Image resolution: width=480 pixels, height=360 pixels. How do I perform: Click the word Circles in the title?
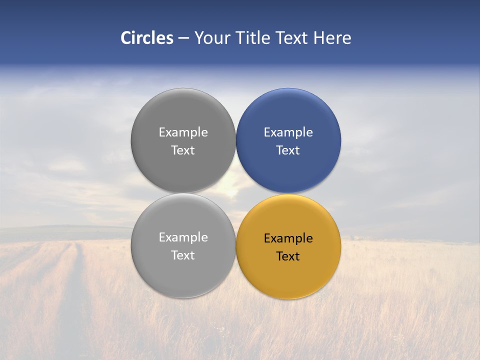pos(147,38)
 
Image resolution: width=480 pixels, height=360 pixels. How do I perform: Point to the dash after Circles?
pos(183,38)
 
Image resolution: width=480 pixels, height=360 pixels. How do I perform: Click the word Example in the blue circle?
pos(288,132)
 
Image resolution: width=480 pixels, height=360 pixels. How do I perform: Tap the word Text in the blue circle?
pos(288,150)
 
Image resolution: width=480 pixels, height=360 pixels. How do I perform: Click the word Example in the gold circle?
pos(288,238)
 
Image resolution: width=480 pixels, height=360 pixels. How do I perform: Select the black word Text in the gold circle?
pos(288,256)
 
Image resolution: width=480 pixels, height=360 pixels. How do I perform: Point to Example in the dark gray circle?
pos(183,132)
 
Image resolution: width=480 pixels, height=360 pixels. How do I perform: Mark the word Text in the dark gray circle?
pos(183,150)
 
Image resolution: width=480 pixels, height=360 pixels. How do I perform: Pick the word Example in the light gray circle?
pos(183,237)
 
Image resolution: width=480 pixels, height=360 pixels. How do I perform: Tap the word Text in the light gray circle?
pos(183,255)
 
